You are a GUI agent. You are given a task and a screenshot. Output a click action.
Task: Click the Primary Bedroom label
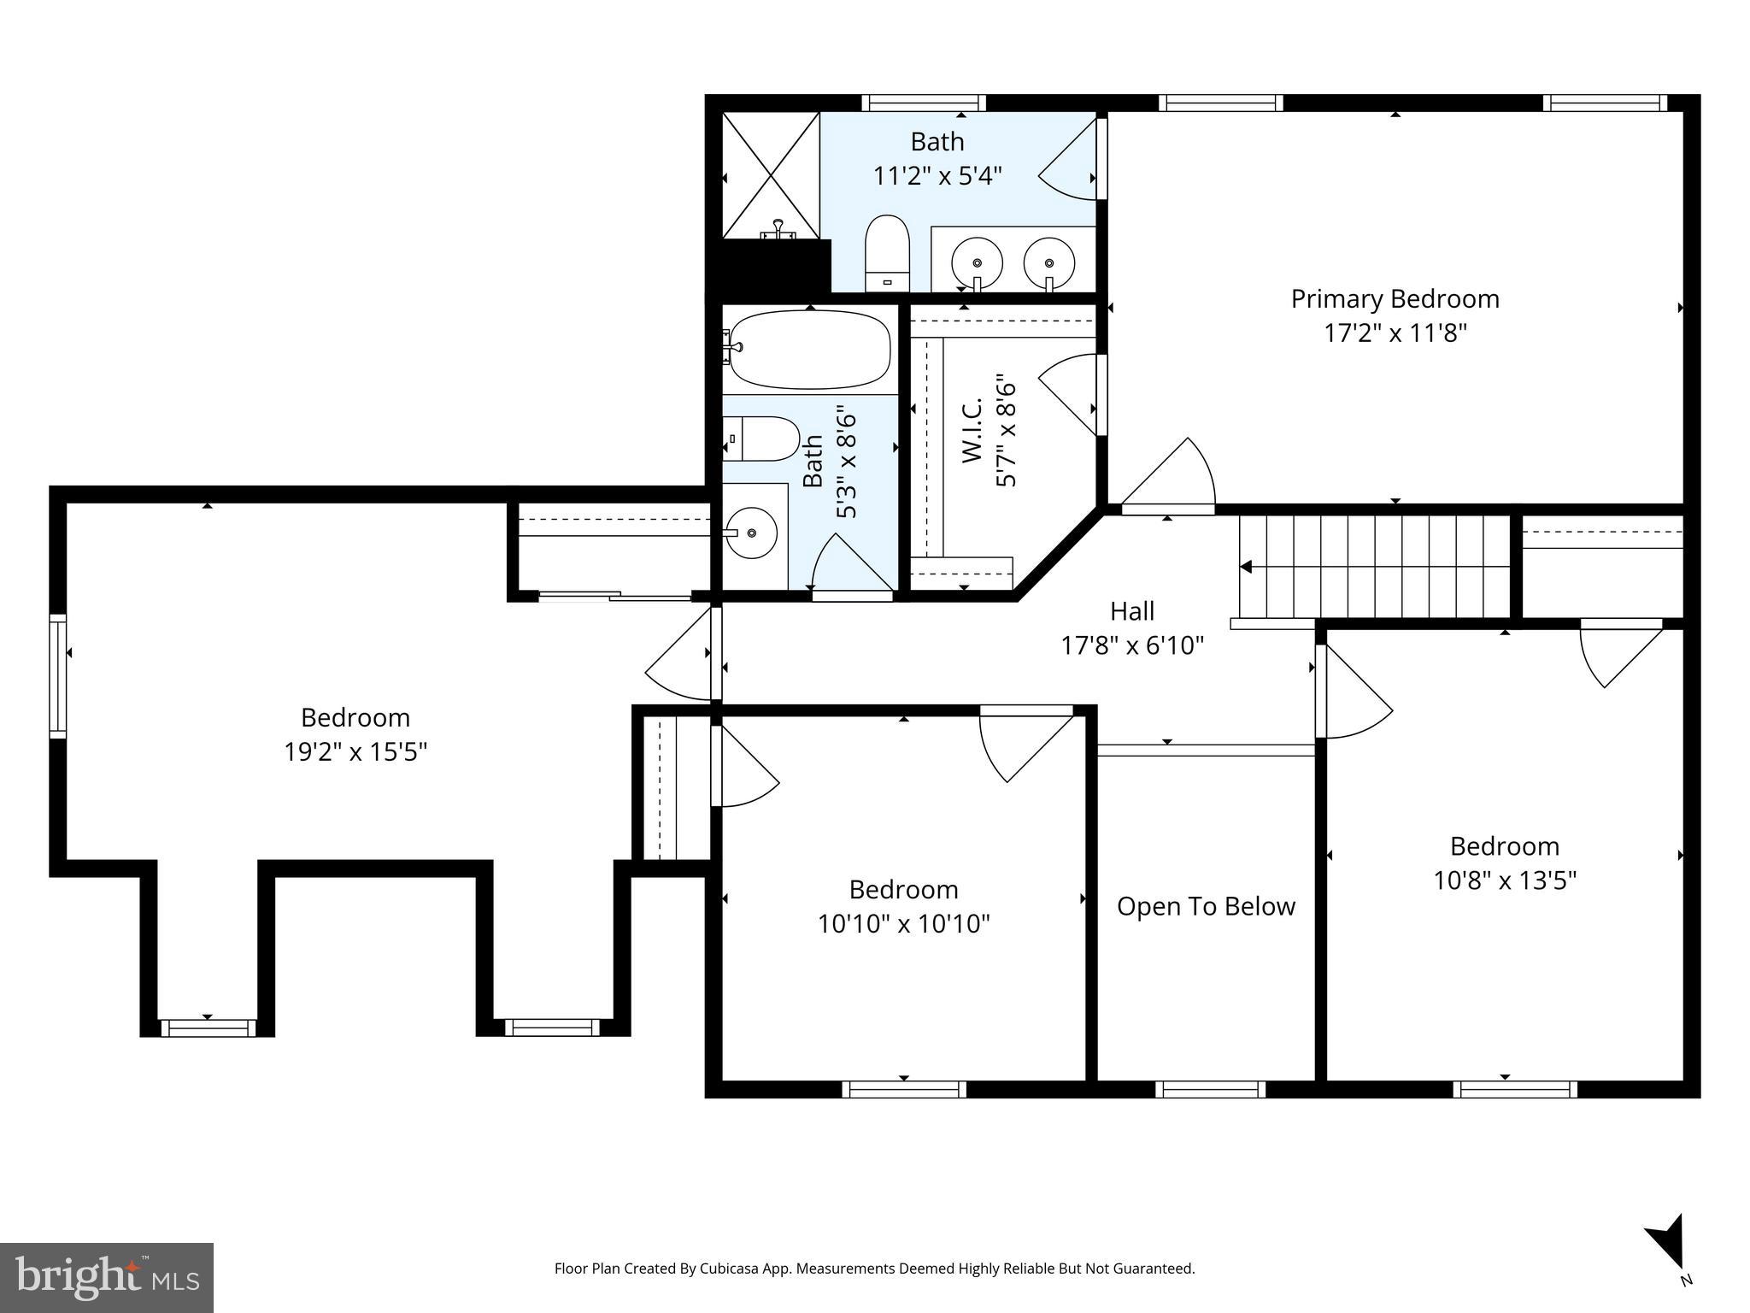[1395, 299]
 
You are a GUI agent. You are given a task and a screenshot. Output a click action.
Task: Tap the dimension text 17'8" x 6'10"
[1132, 645]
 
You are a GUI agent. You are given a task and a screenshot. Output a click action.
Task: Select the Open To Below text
[1206, 906]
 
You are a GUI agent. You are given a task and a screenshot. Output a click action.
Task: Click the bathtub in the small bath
[808, 349]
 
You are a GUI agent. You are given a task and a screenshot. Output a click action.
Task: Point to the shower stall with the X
[771, 175]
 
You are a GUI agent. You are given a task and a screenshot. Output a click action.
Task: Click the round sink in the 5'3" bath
[752, 533]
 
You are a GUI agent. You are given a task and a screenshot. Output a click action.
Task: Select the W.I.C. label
[974, 432]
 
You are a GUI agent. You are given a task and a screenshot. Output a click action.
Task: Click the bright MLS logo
[107, 1277]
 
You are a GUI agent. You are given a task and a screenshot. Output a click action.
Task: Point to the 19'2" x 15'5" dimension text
[355, 752]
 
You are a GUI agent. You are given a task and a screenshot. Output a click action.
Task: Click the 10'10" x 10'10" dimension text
[903, 924]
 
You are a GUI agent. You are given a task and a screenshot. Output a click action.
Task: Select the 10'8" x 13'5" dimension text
[1504, 880]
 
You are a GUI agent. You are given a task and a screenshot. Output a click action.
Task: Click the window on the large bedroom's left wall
[58, 676]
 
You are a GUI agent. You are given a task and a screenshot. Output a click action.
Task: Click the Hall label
[1132, 611]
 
